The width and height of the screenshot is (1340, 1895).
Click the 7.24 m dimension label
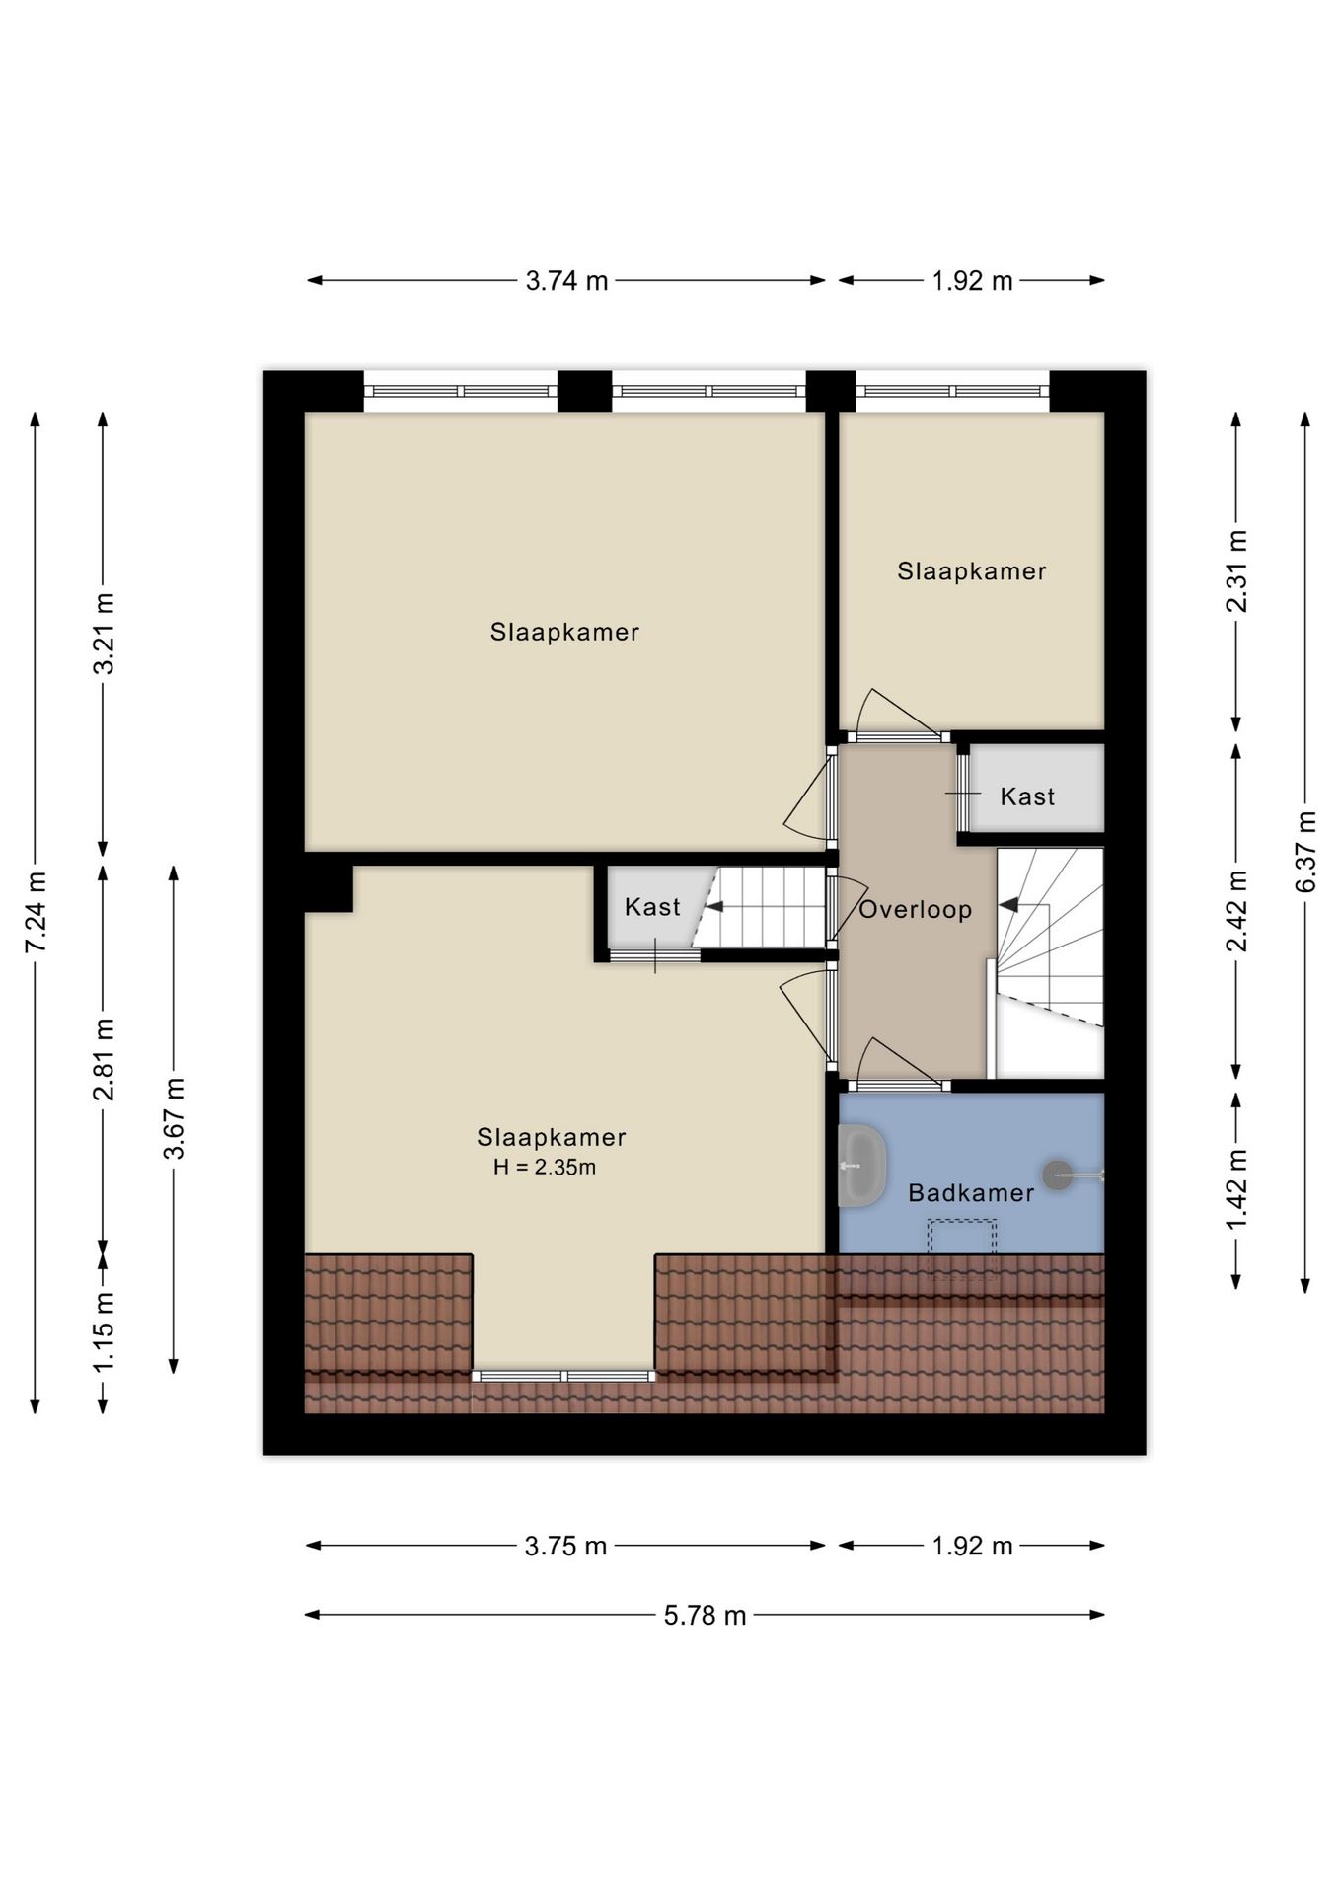[x=36, y=912]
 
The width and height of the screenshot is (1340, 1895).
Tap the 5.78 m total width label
[x=705, y=1616]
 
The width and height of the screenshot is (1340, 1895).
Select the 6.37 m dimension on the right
[x=1305, y=851]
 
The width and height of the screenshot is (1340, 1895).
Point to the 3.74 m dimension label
[x=566, y=281]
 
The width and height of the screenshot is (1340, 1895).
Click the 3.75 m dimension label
[x=565, y=1546]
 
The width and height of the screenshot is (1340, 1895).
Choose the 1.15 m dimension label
[x=104, y=1330]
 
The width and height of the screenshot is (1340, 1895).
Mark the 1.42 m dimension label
[x=1236, y=1189]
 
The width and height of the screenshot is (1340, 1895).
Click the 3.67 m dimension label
[x=174, y=1118]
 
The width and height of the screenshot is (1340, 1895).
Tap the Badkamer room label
[x=971, y=1192]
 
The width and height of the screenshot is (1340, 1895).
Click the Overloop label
[x=916, y=909]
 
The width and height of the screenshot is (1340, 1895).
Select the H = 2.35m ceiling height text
[x=545, y=1168]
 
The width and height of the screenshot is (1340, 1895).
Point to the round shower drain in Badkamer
[x=1058, y=1175]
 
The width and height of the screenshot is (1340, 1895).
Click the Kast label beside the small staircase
[x=652, y=906]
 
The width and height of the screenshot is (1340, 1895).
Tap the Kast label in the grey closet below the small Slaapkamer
[x=1027, y=796]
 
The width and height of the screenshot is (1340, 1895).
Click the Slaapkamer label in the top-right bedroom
[x=972, y=570]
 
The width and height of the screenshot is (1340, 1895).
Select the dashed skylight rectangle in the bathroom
[x=963, y=1249]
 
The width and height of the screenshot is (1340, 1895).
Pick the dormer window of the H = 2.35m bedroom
[x=563, y=1376]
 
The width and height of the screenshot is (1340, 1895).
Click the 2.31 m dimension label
[x=1236, y=570]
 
